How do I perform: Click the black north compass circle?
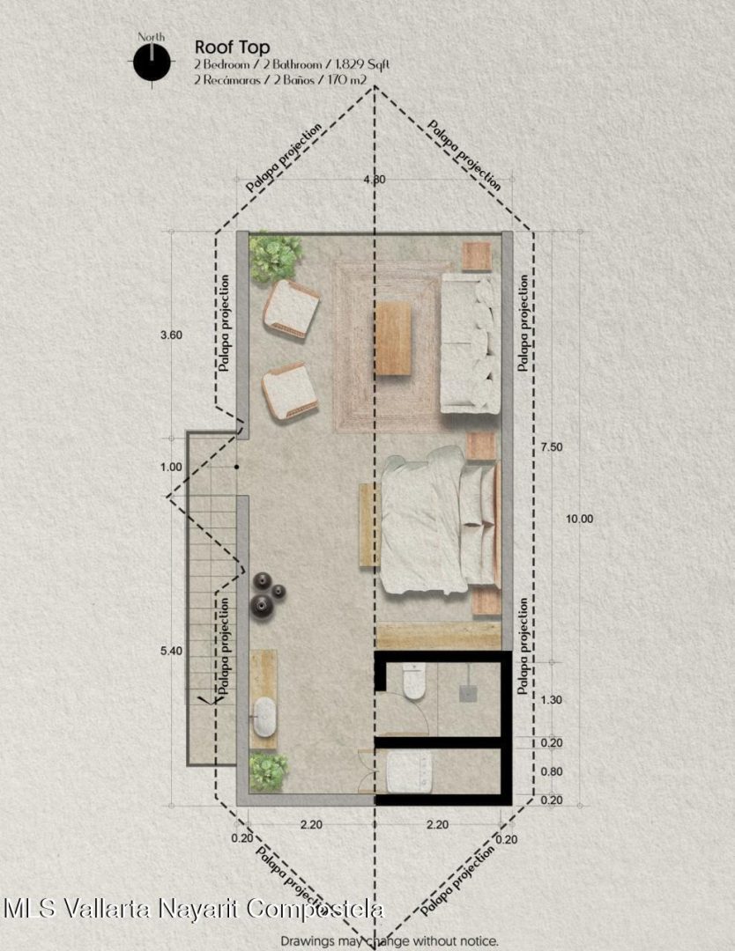[152, 62]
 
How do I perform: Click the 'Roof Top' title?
[233, 48]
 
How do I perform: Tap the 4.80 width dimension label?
[375, 180]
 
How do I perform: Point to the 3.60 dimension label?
[171, 335]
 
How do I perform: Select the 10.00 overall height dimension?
[580, 519]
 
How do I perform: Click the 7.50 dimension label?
[551, 447]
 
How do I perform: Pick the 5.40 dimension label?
[171, 652]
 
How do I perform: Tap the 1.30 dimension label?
[551, 700]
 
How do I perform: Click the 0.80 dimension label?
[551, 772]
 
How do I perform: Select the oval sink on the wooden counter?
[264, 716]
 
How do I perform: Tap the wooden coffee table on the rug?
[393, 338]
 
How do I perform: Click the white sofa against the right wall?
[471, 343]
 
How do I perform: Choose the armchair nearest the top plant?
[291, 308]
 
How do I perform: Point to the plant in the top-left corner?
[275, 256]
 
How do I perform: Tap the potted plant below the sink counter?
[268, 772]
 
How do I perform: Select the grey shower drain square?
[467, 693]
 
